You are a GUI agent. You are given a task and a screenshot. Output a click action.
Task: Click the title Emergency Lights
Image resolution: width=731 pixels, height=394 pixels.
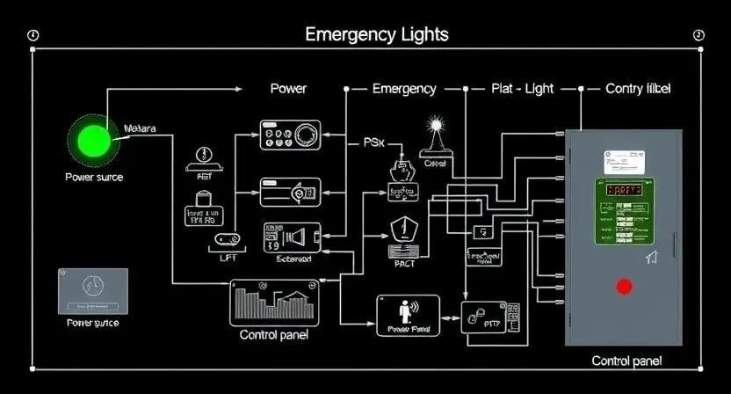click(x=376, y=34)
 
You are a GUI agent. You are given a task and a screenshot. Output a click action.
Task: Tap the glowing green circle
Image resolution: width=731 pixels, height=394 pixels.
click(x=92, y=141)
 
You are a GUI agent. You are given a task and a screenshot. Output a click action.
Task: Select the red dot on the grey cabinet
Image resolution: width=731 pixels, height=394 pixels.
click(x=624, y=287)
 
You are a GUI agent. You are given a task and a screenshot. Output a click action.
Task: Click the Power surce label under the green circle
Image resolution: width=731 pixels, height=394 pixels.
click(x=94, y=177)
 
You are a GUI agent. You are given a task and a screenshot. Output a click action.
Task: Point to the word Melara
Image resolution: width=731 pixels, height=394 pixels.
click(x=140, y=128)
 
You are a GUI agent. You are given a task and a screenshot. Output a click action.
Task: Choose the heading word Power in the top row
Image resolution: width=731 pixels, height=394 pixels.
click(x=288, y=89)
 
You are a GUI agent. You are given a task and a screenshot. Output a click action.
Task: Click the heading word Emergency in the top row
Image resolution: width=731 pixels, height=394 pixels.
click(x=404, y=89)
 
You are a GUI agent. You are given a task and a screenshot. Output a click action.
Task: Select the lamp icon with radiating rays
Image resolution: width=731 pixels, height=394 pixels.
click(x=435, y=128)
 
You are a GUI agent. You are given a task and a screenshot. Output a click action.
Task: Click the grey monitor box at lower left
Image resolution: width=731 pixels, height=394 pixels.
click(x=92, y=291)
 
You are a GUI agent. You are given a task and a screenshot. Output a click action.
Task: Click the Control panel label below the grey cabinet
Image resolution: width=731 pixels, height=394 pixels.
click(x=626, y=361)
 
